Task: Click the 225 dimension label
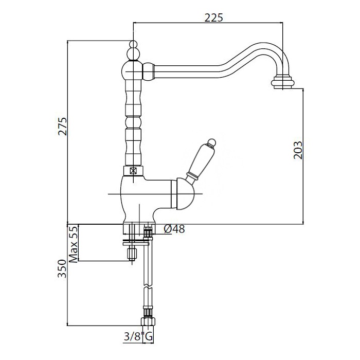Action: pyautogui.click(x=213, y=17)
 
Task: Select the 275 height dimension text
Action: pyautogui.click(x=62, y=127)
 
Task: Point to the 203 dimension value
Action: pyautogui.click(x=298, y=150)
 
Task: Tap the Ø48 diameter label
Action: pyautogui.click(x=174, y=229)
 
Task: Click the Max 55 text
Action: pyautogui.click(x=74, y=245)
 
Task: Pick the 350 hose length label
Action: pyautogui.click(x=62, y=269)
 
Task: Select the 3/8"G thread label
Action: pyautogui.click(x=138, y=337)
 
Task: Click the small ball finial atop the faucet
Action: pyautogui.click(x=133, y=44)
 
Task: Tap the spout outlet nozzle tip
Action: pyautogui.click(x=283, y=82)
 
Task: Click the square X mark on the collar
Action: pyautogui.click(x=133, y=171)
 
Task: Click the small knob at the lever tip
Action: pyautogui.click(x=211, y=142)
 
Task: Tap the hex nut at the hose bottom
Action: pyautogui.click(x=148, y=321)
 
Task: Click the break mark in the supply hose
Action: pyautogui.click(x=148, y=287)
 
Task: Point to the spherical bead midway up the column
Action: pyautogui.click(x=133, y=122)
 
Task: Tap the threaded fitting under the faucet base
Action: pyautogui.click(x=148, y=232)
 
